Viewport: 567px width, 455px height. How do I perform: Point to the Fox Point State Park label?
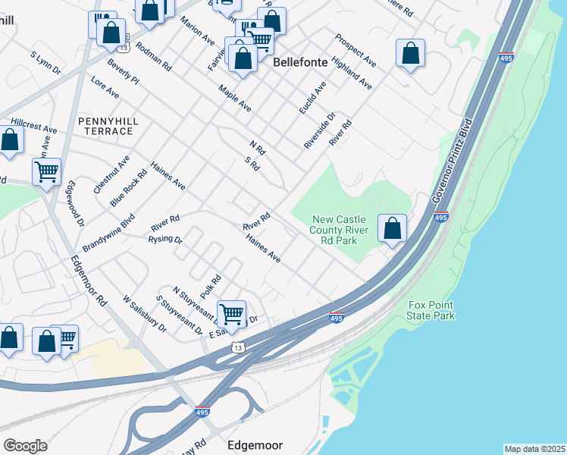coord(431,309)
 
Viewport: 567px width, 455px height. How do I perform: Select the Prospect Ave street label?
coord(356,49)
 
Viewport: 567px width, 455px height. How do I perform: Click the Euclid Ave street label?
coord(312,98)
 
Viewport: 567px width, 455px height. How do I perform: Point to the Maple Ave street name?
coord(234,98)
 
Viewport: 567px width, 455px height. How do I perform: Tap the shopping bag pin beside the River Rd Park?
coord(392,228)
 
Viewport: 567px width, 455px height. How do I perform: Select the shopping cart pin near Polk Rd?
coord(231,314)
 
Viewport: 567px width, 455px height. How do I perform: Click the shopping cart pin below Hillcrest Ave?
coord(46,171)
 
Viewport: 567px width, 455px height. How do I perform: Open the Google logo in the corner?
coord(25,446)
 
